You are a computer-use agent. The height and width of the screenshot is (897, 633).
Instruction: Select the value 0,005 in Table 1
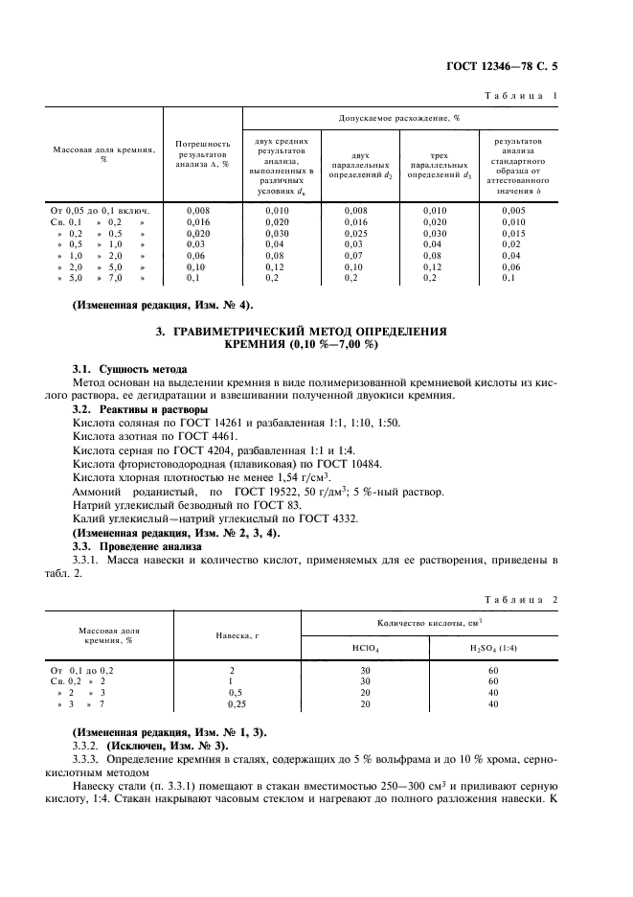(x=513, y=209)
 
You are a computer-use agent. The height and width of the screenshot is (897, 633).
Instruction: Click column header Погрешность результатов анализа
(x=203, y=153)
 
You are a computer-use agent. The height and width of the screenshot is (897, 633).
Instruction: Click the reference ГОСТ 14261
(x=218, y=419)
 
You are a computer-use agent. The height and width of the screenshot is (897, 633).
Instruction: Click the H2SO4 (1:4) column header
(x=492, y=647)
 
